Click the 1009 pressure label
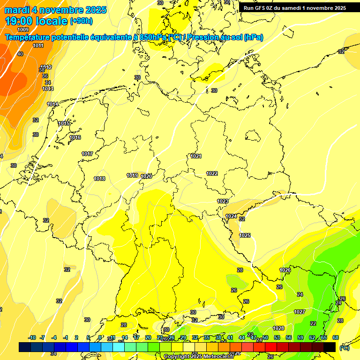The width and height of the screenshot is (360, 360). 23,30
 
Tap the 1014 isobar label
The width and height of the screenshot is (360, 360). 52,104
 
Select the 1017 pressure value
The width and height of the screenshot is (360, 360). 87,154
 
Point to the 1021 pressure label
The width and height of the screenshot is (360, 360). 196,156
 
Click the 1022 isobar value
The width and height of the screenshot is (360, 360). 212,173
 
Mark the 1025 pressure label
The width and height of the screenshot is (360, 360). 245,235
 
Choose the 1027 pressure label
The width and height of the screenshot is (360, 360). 300,312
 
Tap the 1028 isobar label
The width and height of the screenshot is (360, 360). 278,328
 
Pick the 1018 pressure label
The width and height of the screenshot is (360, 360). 99,179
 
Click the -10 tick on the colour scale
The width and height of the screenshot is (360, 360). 32,337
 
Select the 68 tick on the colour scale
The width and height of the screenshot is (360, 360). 336,337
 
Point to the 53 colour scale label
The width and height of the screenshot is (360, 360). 277,337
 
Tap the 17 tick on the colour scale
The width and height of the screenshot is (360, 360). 136,337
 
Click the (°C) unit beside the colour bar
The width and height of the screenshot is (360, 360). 345,347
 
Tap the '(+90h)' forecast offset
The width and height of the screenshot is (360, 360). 81,21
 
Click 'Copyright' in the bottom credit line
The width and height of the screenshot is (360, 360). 177,357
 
